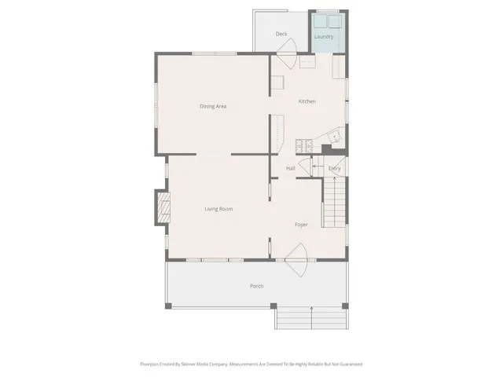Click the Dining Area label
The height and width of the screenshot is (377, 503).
213,106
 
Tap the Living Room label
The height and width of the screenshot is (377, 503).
218,209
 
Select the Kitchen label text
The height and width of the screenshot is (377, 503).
307,102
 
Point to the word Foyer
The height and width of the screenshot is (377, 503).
301,225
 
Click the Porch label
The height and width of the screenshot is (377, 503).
256,286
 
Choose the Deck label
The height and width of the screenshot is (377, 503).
281,35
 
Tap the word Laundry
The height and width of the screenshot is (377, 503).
323,37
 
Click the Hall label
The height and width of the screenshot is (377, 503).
290,168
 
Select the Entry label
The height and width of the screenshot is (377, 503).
334,168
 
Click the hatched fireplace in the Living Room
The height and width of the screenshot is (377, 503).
163,209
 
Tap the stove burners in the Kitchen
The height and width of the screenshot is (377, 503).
303,145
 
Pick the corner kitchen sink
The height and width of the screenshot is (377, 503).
334,138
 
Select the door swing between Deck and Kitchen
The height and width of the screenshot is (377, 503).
285,59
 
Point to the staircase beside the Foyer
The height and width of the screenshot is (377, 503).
335,203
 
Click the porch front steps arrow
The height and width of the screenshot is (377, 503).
313,317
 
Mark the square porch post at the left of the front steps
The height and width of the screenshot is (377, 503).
273,306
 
